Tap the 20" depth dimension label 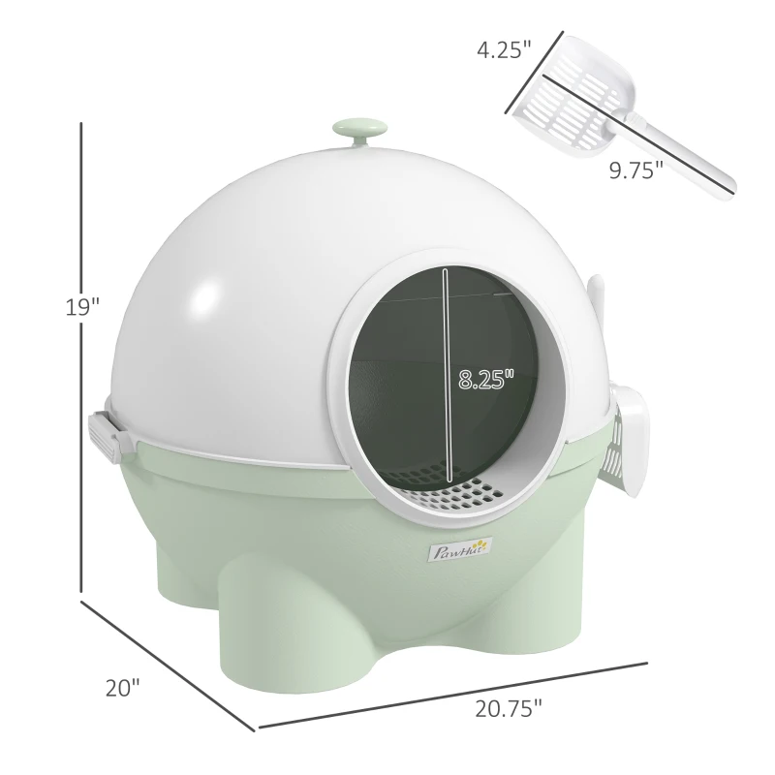pyautogui.click(x=123, y=689)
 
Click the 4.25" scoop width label pyautogui.click(x=502, y=48)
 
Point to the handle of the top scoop pyautogui.click(x=684, y=156)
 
